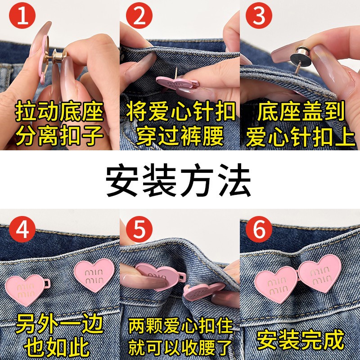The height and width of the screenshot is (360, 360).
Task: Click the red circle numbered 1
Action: pos(22,16)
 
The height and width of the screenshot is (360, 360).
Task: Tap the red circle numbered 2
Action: pos(139,16)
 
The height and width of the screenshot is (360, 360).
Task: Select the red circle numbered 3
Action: pos(259,16)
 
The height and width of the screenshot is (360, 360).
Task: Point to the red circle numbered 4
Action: pos(22,229)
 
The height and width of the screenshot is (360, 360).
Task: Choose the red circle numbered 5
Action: pos(139,229)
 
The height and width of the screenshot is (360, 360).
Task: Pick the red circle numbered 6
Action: pos(259,229)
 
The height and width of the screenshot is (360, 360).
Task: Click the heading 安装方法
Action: pos(178,180)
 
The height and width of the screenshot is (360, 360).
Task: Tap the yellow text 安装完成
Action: pos(300,340)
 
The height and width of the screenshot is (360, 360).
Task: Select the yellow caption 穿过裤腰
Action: pos(180,136)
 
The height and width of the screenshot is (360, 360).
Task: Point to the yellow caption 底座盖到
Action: pos(301,112)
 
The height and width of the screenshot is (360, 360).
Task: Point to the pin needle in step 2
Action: pos(176,73)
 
